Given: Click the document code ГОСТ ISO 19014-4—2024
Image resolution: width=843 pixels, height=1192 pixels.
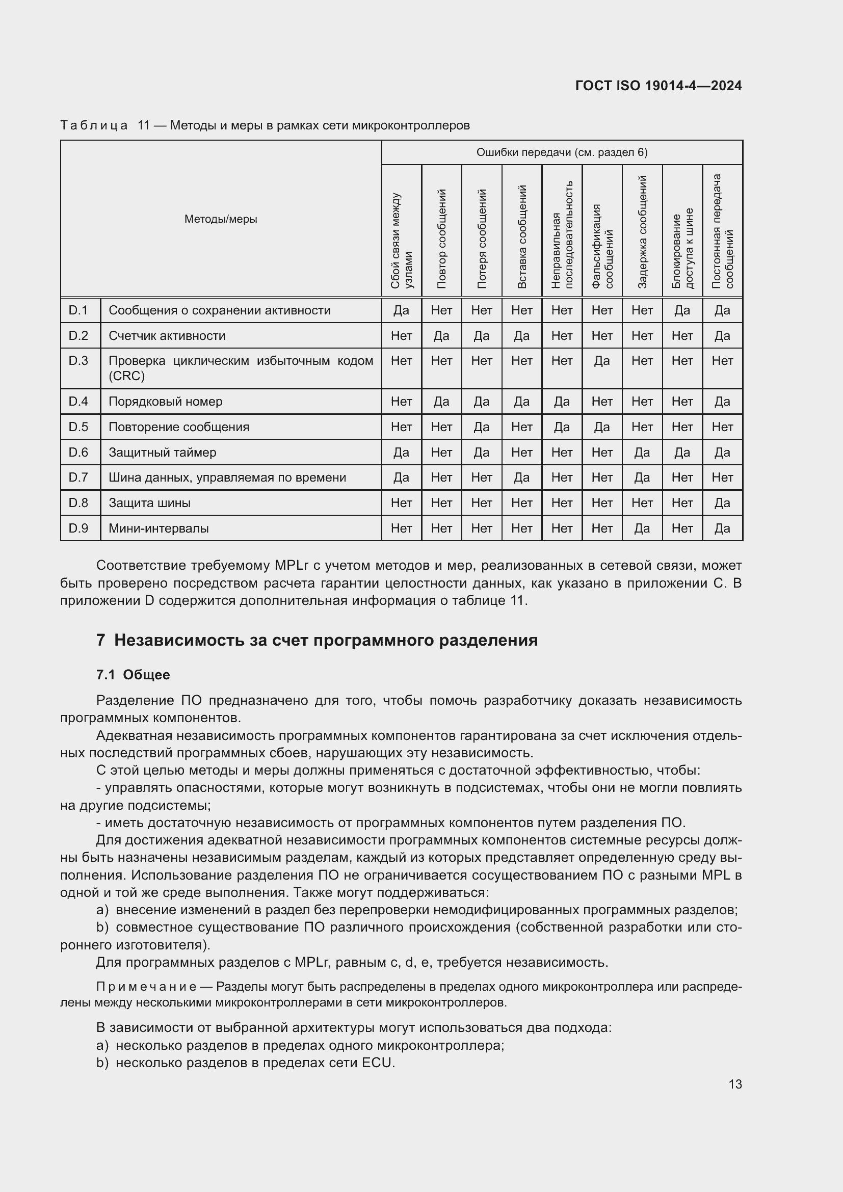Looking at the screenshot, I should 658,86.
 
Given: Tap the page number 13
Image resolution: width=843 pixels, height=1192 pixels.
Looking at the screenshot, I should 735,1084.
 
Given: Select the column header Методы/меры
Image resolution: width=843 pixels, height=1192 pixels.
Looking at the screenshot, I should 221,219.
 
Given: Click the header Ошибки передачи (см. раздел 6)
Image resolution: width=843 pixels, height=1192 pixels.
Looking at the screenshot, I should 562,152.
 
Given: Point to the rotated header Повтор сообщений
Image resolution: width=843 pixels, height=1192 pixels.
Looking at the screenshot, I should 442,239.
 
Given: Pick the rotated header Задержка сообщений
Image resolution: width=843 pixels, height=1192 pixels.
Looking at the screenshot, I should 642,231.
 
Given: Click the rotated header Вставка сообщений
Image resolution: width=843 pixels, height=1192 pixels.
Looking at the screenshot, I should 522,236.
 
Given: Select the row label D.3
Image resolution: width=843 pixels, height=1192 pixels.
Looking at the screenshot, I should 78,360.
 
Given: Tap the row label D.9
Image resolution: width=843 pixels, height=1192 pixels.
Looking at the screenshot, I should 78,528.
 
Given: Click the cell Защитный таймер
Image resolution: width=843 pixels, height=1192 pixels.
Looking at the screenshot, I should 162,452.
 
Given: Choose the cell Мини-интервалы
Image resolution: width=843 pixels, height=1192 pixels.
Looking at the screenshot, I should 159,528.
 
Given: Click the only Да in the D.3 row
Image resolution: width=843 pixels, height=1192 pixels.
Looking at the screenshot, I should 601,360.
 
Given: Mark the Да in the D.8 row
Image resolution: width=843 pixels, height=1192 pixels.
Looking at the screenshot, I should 722,502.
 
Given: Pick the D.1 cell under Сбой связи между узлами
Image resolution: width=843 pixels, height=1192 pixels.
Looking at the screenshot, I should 401,310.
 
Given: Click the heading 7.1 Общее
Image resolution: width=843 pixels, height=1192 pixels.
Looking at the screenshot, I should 133,674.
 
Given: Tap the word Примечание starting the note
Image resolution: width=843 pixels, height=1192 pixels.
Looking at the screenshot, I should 146,987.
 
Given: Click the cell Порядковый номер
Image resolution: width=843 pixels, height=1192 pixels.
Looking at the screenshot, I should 165,401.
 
